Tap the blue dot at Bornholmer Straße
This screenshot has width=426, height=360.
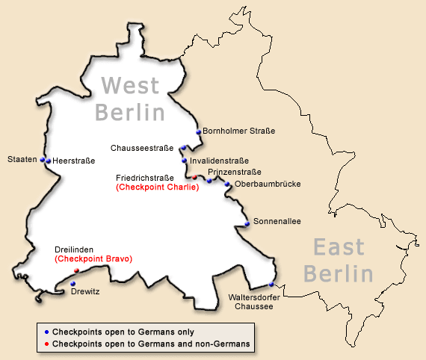199,132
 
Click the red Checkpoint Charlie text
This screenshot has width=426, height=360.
157,187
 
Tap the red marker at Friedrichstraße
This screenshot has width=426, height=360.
195,178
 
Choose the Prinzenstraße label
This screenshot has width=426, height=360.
235,173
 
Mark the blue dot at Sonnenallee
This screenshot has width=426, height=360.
247,223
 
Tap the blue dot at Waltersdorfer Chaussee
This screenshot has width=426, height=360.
271,285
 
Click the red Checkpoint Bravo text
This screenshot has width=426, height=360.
93,258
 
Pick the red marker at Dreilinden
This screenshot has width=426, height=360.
76,270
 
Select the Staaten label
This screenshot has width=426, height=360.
22,159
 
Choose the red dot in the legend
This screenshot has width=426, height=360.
46,344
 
